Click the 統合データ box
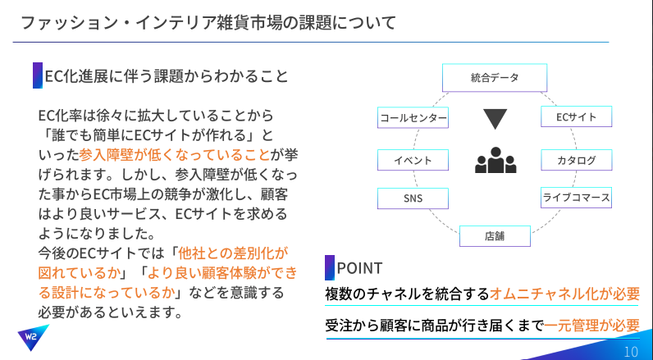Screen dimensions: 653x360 (x=495, y=77)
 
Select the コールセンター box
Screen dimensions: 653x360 (x=413, y=118)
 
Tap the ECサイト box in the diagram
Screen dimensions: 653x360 (x=577, y=116)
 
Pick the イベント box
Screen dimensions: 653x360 (x=413, y=160)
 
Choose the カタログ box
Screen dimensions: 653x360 (x=577, y=160)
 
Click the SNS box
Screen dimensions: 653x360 (x=413, y=198)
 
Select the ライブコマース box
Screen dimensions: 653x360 (x=577, y=198)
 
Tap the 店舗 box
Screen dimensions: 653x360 (x=495, y=236)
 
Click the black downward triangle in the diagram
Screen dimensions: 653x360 (x=495, y=119)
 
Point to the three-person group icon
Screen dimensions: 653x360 (x=495, y=160)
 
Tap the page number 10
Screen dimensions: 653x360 (x=632, y=352)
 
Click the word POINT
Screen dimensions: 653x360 (x=359, y=268)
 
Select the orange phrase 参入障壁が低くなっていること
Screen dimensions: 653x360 (x=175, y=155)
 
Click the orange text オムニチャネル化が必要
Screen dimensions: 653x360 (x=564, y=294)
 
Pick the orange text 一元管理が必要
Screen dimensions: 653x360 (x=591, y=325)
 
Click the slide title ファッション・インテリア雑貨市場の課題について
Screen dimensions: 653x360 (x=208, y=23)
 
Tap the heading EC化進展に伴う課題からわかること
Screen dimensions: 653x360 (x=167, y=76)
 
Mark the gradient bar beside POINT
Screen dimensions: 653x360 (x=330, y=267)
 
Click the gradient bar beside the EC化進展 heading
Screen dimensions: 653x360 (x=38, y=75)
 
